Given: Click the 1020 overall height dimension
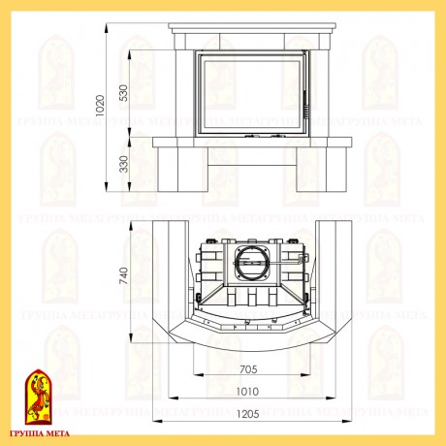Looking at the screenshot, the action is (100, 106).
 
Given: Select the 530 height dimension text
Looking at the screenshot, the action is (123, 93).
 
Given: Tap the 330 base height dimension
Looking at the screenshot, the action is (123, 164).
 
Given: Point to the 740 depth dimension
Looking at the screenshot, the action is (123, 275).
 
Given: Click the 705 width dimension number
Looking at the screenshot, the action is (248, 369).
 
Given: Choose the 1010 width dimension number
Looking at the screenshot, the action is (247, 392).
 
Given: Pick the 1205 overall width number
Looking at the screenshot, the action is (247, 414).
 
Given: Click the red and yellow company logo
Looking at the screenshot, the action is (39, 397).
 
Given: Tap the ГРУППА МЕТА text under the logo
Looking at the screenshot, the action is (40, 433).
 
